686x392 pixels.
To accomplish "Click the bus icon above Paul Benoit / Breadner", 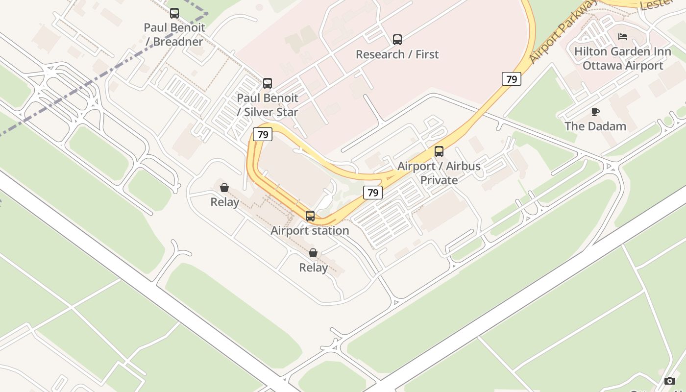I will tap(174, 13).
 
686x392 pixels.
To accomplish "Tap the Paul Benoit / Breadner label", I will tap(174, 34).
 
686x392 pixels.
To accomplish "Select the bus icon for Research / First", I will tap(397, 40).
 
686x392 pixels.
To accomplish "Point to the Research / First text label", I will tap(397, 54).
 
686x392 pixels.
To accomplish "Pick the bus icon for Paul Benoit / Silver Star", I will tap(268, 83).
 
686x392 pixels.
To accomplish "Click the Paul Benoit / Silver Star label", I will tap(268, 105).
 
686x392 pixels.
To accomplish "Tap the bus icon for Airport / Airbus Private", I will tap(439, 151).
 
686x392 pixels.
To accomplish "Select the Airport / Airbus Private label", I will tap(439, 173).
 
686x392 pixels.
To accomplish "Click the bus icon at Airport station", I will tap(310, 216).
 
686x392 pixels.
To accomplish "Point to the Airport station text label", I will tap(310, 230).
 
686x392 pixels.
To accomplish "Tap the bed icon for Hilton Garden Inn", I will tap(623, 37).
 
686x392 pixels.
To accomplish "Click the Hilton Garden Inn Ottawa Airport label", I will tap(623, 58).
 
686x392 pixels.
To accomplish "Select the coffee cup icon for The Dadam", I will tap(595, 112).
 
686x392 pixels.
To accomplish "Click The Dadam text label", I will tap(595, 126).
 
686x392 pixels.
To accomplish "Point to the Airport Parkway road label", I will tap(563, 34).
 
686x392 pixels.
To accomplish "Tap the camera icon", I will tap(670, 381).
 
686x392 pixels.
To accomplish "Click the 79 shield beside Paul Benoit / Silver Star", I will tap(263, 134).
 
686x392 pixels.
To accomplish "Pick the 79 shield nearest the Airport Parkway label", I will tap(511, 79).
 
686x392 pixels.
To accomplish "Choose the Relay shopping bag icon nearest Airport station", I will tap(313, 253).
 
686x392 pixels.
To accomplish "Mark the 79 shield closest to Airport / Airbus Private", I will tap(373, 193).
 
